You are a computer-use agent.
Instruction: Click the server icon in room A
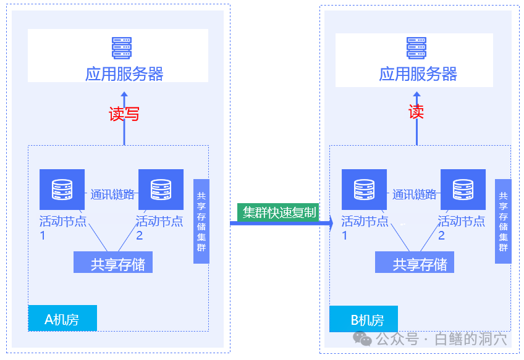tap(122, 48)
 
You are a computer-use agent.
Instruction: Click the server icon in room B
tap(416, 48)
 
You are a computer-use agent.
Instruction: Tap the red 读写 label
tap(124, 114)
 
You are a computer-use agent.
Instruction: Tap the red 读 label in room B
tap(416, 112)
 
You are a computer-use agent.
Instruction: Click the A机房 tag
tap(62, 319)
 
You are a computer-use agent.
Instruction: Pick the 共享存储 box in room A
tap(113, 263)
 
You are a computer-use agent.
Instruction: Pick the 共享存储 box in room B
tap(415, 263)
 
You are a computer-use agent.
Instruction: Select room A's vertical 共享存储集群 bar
tap(201, 221)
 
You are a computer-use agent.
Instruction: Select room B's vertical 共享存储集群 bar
tap(503, 221)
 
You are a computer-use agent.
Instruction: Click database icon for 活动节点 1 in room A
tap(62, 190)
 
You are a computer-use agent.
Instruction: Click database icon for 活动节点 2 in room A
tap(161, 190)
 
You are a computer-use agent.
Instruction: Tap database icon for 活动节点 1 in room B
tap(364, 190)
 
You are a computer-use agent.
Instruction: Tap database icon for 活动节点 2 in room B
tap(463, 190)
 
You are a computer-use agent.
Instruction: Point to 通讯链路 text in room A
tap(112, 195)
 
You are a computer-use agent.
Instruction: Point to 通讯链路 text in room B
tap(414, 195)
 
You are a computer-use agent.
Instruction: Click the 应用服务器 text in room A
tap(124, 75)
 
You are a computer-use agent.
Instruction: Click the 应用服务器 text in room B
tap(418, 75)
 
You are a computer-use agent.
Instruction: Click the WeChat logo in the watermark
tap(362, 338)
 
